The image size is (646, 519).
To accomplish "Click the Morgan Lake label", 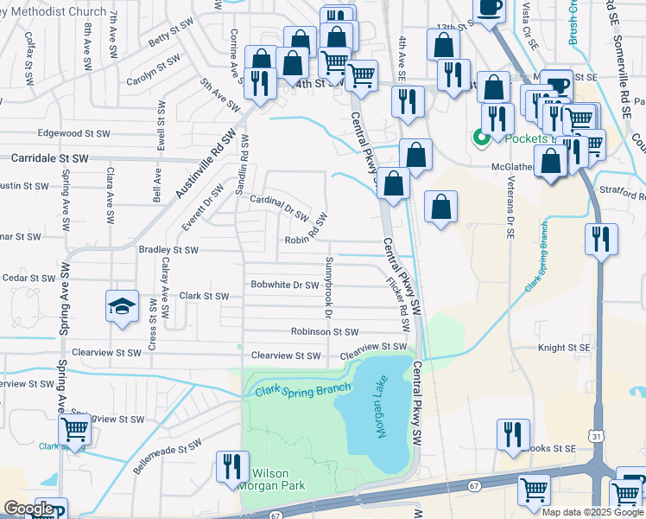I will pyautogui.click(x=377, y=412).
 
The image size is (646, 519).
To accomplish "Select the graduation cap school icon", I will pyautogui.click(x=122, y=305).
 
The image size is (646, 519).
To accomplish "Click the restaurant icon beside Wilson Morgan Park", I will pyautogui.click(x=231, y=466).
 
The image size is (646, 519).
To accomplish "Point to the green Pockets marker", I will pyautogui.click(x=478, y=138).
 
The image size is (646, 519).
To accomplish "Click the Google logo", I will pyautogui.click(x=28, y=509).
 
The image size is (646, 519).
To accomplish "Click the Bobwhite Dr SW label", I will pyautogui.click(x=285, y=285).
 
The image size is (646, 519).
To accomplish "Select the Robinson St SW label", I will pyautogui.click(x=324, y=331).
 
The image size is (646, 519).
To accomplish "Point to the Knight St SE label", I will pyautogui.click(x=563, y=347).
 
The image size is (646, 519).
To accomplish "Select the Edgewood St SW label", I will pyautogui.click(x=74, y=134).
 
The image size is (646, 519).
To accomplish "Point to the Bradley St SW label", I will pyautogui.click(x=168, y=250).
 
